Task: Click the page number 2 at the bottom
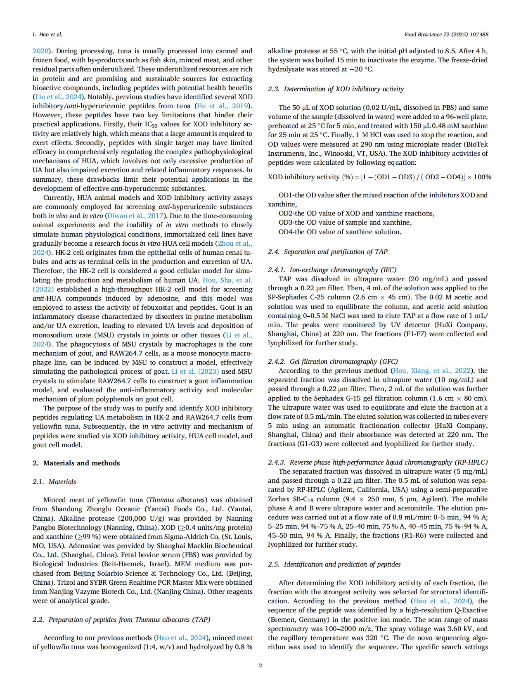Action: coord(260,665)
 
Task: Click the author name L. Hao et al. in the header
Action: coord(47,34)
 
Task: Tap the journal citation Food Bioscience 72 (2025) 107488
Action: coord(446,34)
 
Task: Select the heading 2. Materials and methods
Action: coord(76,463)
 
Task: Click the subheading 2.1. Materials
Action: coord(54,482)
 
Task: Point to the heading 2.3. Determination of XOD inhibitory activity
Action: coord(336,89)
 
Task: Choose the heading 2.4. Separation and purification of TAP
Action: coord(327,251)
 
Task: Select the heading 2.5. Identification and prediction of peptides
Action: coord(334,564)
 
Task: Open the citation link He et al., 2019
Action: coord(223,106)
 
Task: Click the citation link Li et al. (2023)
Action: coord(195,371)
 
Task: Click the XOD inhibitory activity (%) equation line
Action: coord(379,177)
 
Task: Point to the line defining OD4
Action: coord(340,232)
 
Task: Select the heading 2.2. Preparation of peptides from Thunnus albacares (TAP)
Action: coord(121,619)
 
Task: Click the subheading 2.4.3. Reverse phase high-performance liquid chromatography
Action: coord(377,462)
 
